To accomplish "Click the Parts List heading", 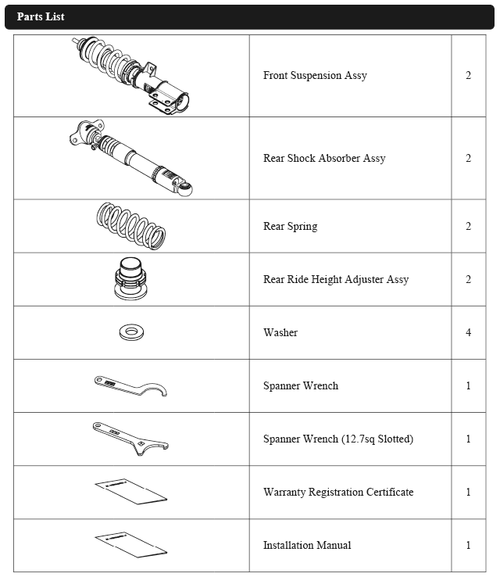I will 41,16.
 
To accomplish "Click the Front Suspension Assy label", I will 315,76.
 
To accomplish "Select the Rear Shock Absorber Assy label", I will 324,159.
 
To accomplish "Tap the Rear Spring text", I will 290,227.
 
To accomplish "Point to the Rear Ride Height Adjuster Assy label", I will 336,280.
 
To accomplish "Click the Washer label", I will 280,333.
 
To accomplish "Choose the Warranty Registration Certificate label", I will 338,493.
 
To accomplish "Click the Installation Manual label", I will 307,546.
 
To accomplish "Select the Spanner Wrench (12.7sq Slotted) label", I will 338,439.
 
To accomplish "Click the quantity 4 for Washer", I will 468,333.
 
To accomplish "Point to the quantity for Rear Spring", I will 468,227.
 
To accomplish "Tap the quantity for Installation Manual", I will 468,546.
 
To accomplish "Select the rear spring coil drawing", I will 130,225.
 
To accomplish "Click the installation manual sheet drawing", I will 130,544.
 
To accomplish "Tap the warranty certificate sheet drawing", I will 130,491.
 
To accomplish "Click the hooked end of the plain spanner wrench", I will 159,389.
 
